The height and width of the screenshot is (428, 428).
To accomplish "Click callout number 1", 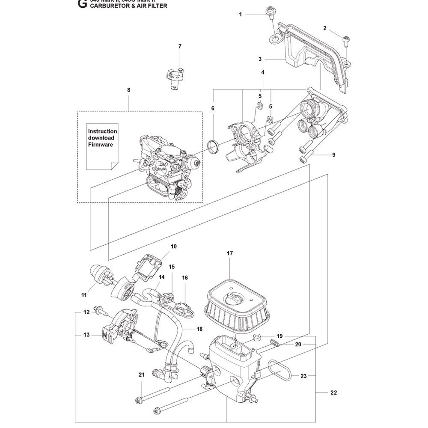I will point(241,14).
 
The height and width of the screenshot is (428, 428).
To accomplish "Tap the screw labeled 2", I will point(345,41).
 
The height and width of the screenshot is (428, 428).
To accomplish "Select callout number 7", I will point(180,46).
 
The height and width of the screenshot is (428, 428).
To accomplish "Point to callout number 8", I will point(129,90).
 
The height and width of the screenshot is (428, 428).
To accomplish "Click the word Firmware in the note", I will point(100,145).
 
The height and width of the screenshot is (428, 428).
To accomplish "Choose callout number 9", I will point(334,154).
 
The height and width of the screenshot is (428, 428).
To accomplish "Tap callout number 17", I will point(230,253).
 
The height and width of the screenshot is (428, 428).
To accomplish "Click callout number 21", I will point(142,375).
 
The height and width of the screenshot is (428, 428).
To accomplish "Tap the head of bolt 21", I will point(139,400).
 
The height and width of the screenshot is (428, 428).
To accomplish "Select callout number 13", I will point(87,335).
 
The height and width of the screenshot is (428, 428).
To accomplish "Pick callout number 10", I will point(174,247).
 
